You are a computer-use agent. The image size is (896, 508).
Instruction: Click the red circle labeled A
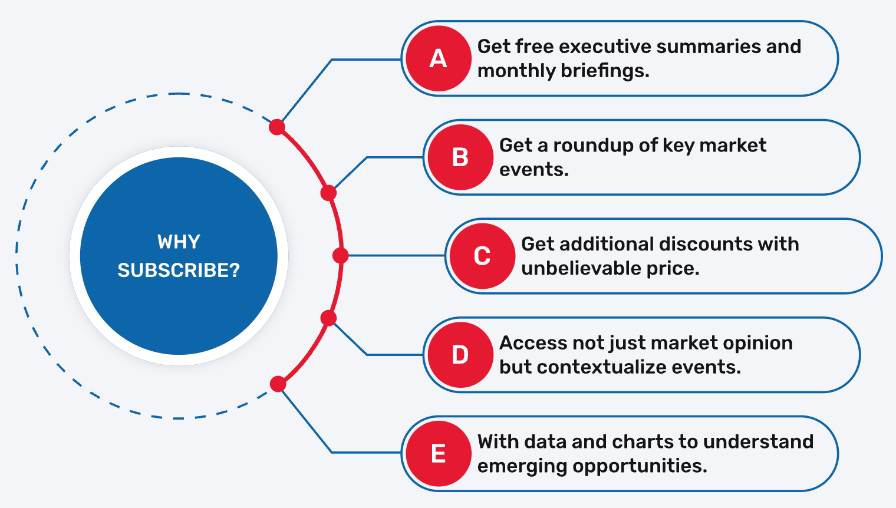pos(438,58)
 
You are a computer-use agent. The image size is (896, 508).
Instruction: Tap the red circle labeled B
pos(460,157)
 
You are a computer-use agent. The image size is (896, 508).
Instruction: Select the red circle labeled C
pos(482,256)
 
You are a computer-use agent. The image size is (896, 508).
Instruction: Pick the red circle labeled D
pos(460,355)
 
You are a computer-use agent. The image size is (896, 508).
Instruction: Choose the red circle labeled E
pos(438,454)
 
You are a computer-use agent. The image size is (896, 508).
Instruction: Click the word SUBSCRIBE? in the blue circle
pos(179,271)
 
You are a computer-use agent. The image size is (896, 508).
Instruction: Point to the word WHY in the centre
pos(179,242)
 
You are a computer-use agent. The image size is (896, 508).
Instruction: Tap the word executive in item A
pos(605,46)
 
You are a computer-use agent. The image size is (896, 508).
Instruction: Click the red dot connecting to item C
pos(340,255)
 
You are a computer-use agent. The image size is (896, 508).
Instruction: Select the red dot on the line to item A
pos(277,127)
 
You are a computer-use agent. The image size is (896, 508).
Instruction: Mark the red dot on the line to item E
pos(278,384)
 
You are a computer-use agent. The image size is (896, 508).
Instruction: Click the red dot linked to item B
pos(328,193)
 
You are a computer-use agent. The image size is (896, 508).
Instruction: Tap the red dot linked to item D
pos(328,318)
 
